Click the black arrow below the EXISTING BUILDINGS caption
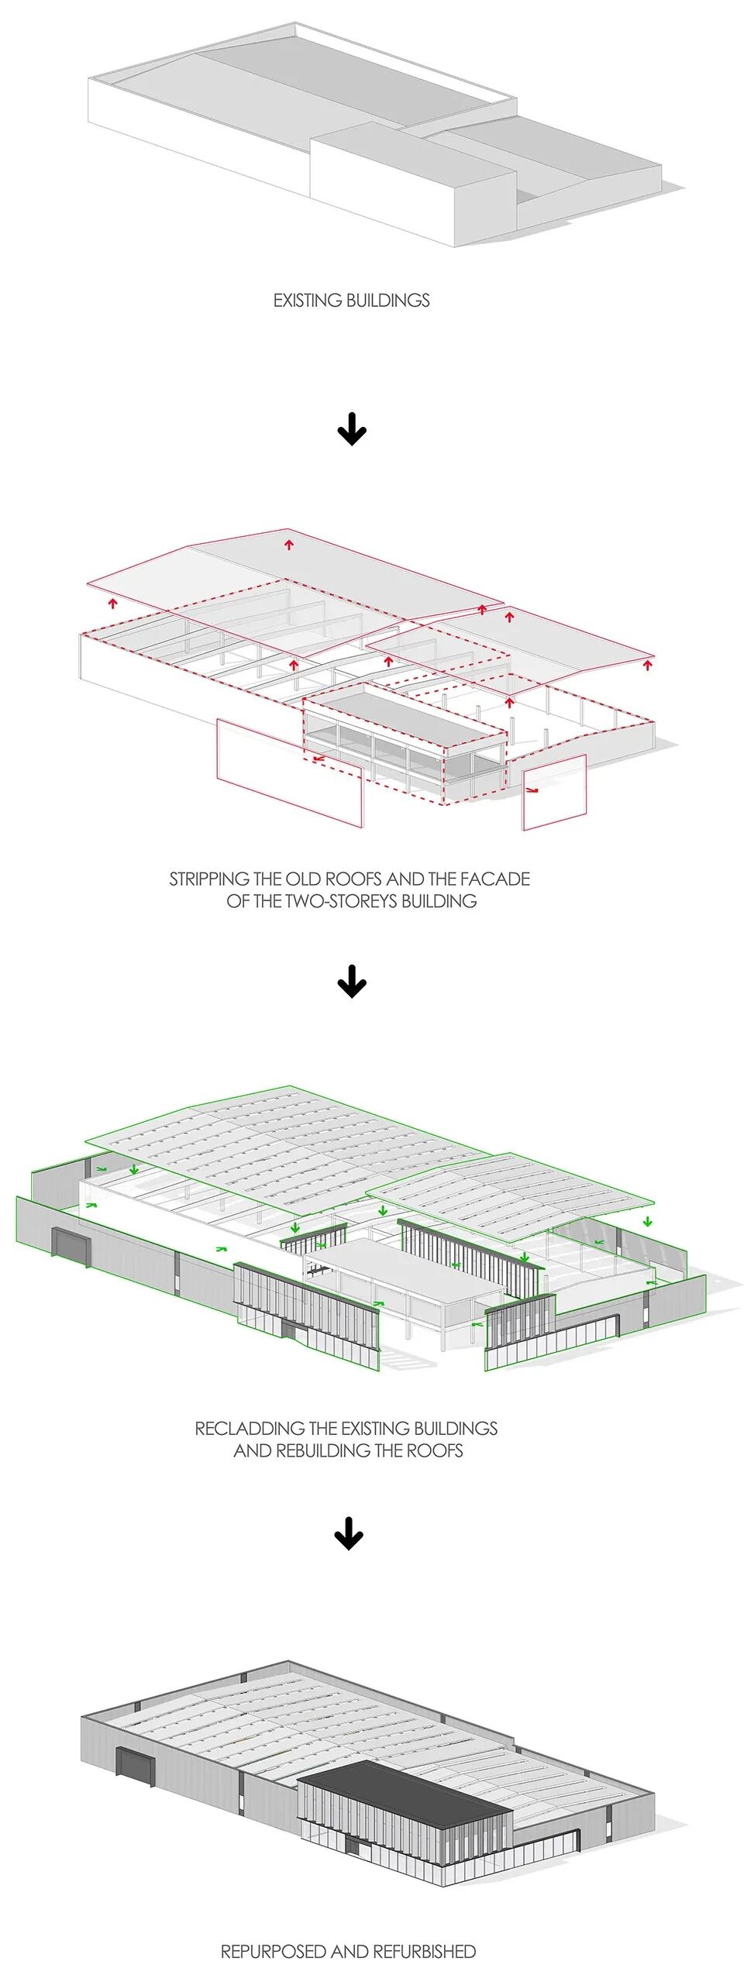352,429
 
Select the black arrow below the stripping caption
352,982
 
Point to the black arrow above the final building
349,1533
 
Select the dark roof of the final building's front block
403,1783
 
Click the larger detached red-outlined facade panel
289,772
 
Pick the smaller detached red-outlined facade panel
554,793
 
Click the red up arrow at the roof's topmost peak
289,545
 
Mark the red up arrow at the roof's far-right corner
648,664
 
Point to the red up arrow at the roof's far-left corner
113,602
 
